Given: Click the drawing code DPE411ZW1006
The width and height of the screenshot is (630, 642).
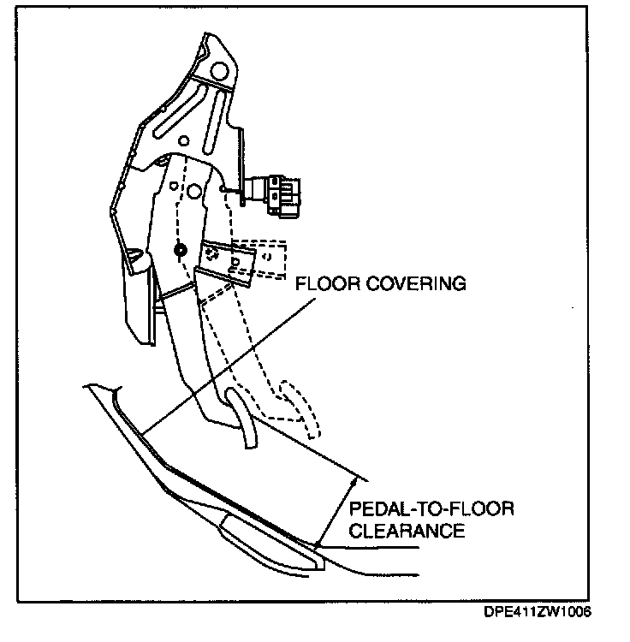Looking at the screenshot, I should (538, 613).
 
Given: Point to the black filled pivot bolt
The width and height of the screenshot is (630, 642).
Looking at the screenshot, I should (179, 250).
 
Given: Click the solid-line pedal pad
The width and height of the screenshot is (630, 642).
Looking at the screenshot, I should (245, 419).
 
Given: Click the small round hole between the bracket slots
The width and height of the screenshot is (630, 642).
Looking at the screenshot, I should (181, 140).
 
